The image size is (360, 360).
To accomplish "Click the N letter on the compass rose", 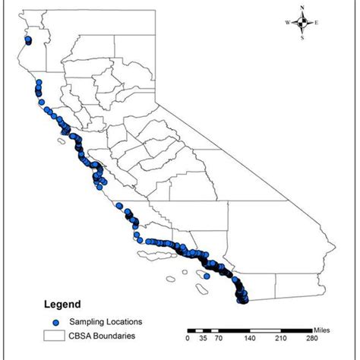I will coord(302,8).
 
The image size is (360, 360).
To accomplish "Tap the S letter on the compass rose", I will coord(302,36).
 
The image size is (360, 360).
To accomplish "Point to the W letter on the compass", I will coord(288,23).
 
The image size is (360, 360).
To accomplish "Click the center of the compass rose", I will coord(302,22).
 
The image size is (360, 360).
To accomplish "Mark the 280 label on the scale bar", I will coord(311,339).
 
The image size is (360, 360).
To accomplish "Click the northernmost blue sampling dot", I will coord(28,40).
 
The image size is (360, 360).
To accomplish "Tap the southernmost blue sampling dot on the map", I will coord(243,301).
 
